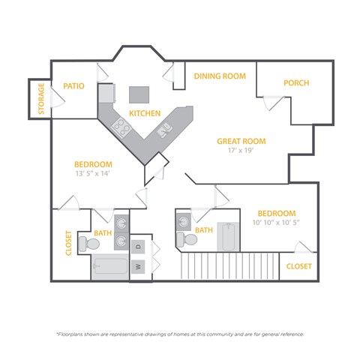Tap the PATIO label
[x=73, y=85]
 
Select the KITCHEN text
[x=145, y=113]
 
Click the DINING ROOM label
[x=220, y=76]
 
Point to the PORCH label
[x=296, y=82]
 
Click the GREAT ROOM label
[x=241, y=140]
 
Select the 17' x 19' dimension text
[x=241, y=151]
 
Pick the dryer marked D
[x=138, y=246]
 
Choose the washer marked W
[x=138, y=265]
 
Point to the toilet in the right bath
[x=187, y=238]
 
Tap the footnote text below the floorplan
[x=180, y=334]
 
